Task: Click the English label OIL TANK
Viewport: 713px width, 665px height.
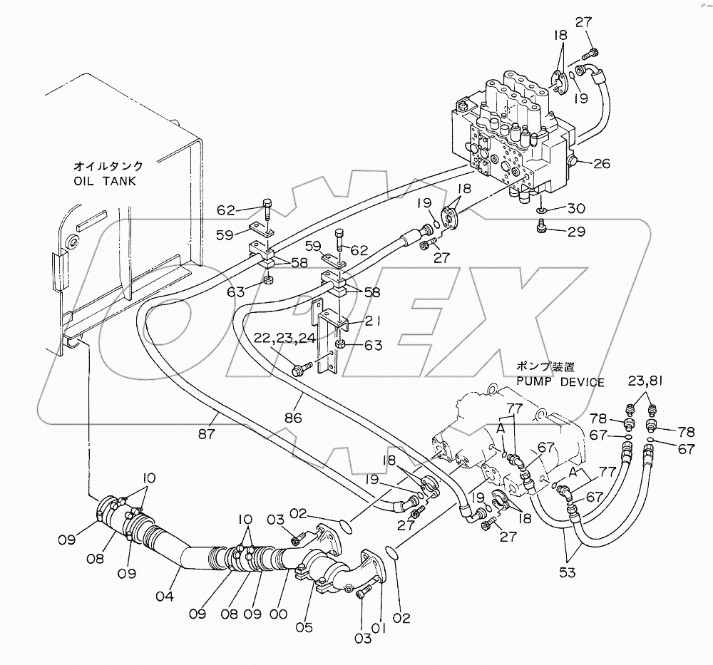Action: [105, 181]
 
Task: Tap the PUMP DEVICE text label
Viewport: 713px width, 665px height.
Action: [560, 383]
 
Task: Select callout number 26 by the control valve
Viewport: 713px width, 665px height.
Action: [602, 164]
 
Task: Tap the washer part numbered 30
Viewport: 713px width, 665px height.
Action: [541, 212]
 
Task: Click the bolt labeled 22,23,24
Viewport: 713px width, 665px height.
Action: [299, 368]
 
